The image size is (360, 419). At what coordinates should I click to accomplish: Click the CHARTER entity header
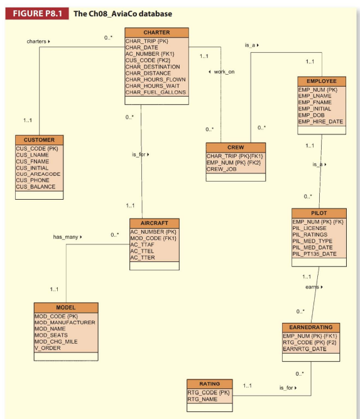(156, 32)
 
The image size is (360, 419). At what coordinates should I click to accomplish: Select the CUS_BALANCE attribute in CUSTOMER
(35, 187)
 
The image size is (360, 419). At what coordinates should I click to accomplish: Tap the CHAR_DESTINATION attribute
(153, 67)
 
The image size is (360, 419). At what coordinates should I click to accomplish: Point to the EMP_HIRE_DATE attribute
(320, 121)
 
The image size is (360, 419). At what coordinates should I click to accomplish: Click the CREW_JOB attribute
(221, 169)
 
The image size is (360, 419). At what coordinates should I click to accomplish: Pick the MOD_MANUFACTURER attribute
(65, 322)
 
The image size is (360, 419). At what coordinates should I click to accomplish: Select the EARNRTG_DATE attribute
(306, 348)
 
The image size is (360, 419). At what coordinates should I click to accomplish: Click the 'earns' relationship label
(313, 287)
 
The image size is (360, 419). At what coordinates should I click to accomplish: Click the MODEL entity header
(66, 307)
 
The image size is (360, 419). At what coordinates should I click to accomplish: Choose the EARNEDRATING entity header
(311, 327)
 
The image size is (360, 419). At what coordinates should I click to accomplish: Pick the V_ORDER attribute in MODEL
(49, 347)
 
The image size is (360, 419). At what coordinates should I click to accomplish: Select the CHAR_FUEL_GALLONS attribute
(155, 92)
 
